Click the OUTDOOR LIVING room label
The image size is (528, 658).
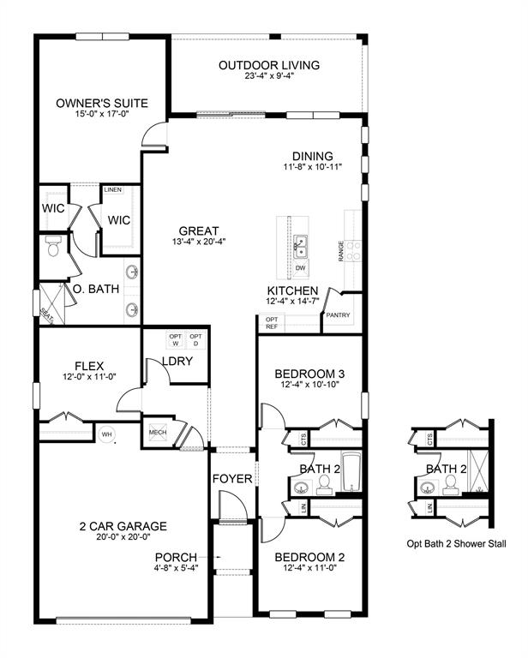269,65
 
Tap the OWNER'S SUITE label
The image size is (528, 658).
102,104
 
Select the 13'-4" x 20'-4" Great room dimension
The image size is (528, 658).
199,242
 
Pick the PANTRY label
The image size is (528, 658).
337,316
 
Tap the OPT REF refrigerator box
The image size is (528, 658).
272,323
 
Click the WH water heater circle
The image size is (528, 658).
108,434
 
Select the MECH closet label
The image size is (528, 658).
157,432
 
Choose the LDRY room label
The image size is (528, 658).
177,362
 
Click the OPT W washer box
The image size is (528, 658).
176,340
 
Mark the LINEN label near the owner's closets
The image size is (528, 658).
113,189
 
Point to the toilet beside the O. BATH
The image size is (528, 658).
52,248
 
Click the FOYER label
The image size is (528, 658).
232,478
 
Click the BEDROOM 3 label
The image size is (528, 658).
309,374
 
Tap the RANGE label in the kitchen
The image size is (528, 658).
341,251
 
